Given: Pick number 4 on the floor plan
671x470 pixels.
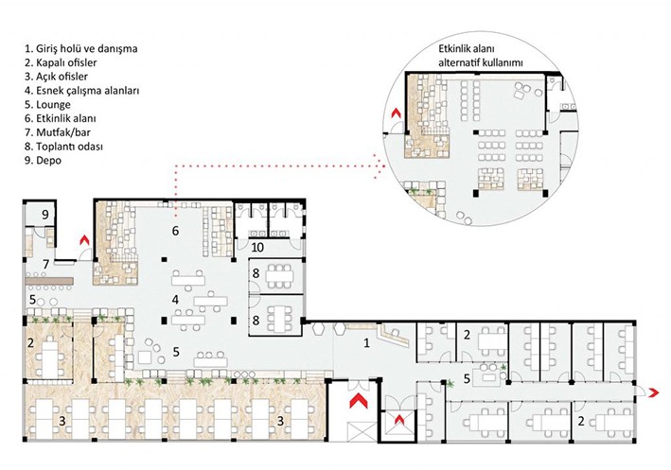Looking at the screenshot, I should click(x=174, y=301).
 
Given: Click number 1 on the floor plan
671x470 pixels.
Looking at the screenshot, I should click(x=368, y=344).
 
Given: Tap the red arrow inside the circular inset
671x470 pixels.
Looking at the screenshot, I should click(x=397, y=120).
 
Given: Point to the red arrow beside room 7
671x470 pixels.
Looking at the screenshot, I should click(x=84, y=240).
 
